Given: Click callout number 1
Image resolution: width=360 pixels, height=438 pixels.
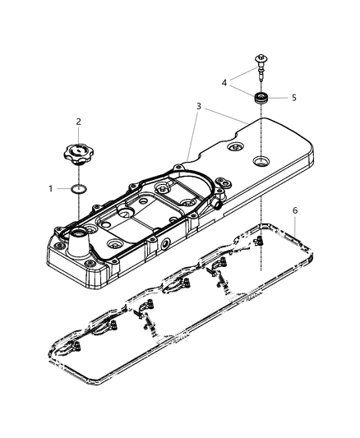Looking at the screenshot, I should (50, 188).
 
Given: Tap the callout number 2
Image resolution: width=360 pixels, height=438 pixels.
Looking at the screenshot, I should (78, 122).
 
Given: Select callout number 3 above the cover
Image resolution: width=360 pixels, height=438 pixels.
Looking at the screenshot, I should (198, 107).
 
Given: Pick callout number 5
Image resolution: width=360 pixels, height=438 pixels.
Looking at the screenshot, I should (294, 97).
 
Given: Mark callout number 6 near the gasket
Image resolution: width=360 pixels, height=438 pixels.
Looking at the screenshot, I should (295, 211).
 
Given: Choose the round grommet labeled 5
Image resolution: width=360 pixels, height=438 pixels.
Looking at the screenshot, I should (261, 99).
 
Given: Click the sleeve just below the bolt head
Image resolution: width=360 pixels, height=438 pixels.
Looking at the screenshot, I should (261, 75).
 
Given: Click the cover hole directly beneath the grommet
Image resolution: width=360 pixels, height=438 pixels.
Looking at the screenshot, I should (261, 160).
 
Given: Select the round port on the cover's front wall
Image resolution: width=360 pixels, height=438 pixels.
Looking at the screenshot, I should (167, 245).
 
